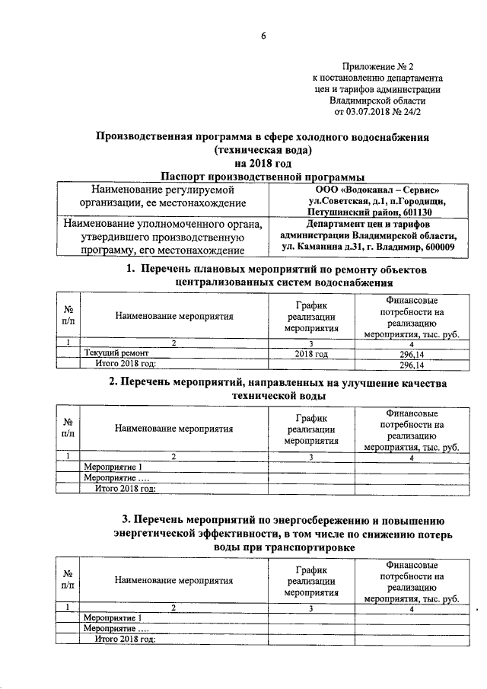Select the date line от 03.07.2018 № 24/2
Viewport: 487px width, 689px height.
(x=377, y=112)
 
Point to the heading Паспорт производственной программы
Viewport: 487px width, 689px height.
(x=263, y=176)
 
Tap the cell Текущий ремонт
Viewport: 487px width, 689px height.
(x=116, y=354)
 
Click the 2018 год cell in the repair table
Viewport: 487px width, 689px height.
(x=311, y=354)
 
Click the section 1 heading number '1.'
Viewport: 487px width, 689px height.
(x=130, y=270)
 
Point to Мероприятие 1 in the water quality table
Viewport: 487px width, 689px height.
(x=113, y=467)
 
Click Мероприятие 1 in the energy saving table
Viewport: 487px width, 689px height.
(x=113, y=618)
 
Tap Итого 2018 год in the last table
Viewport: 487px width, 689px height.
(x=125, y=639)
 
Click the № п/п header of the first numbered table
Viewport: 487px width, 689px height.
(x=68, y=316)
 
